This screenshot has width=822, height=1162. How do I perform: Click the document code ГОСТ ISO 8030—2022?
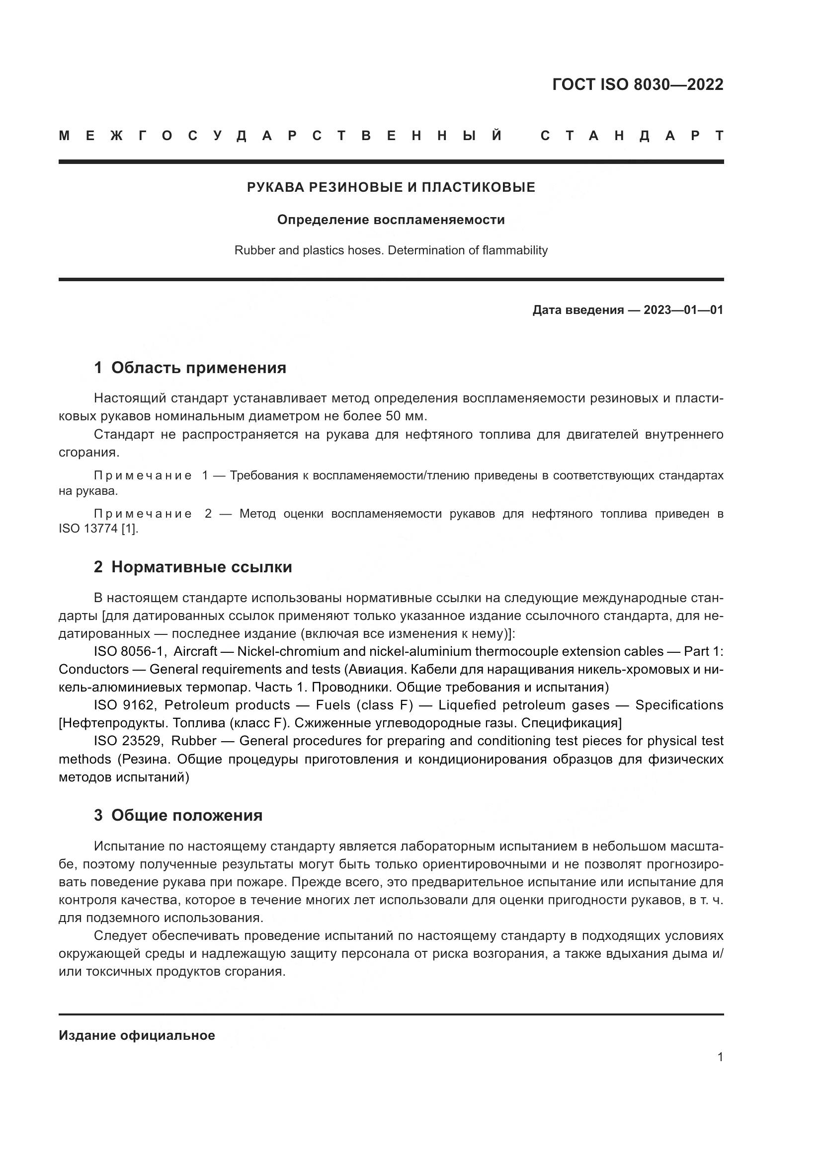(637, 84)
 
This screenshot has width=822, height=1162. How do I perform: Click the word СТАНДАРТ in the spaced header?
(632, 136)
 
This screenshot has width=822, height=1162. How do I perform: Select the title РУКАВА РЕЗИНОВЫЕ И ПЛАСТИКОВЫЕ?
(391, 188)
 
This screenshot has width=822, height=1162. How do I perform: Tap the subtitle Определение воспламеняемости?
(391, 220)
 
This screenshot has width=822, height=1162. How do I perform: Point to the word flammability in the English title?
(515, 250)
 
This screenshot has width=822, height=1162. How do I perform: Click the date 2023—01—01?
(683, 310)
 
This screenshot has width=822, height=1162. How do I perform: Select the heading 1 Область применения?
(190, 368)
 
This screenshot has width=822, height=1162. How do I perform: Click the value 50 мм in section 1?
(410, 416)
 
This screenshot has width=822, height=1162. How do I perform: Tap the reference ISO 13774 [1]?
(98, 530)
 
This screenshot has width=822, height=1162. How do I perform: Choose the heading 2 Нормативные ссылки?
(193, 567)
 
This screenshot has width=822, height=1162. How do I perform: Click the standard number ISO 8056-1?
(130, 652)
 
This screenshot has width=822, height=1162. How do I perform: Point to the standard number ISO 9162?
(126, 705)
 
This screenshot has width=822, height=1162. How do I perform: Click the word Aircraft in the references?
(195, 652)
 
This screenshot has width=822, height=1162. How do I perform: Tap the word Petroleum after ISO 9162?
(196, 705)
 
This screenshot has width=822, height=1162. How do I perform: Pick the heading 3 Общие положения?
(178, 816)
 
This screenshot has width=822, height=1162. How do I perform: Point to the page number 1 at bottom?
(720, 1057)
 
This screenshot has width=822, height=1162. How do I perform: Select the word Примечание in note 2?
(143, 514)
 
